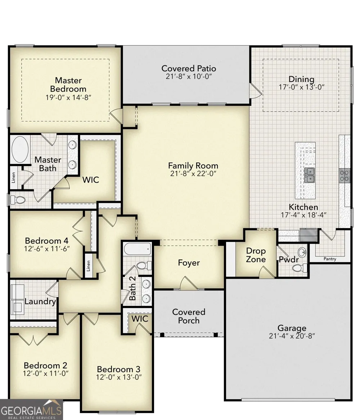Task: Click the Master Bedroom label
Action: click(x=68, y=85)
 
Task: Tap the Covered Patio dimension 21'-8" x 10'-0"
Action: click(x=189, y=77)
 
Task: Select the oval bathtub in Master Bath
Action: click(x=20, y=149)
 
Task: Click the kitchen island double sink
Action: click(x=309, y=175)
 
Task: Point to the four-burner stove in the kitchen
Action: click(x=345, y=176)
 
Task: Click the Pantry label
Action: click(x=330, y=259)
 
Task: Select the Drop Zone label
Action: click(x=256, y=255)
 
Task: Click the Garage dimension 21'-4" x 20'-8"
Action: click(x=292, y=336)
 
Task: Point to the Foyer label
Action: click(x=189, y=263)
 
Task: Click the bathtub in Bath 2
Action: click(x=138, y=249)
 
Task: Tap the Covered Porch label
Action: click(x=189, y=316)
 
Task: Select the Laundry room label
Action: click(x=40, y=302)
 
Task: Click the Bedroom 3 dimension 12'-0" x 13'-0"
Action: click(x=119, y=377)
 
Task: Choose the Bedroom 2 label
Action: click(x=45, y=365)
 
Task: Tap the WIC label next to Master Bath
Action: click(x=90, y=180)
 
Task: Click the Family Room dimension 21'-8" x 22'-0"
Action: click(x=193, y=174)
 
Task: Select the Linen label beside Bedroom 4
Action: click(x=89, y=266)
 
